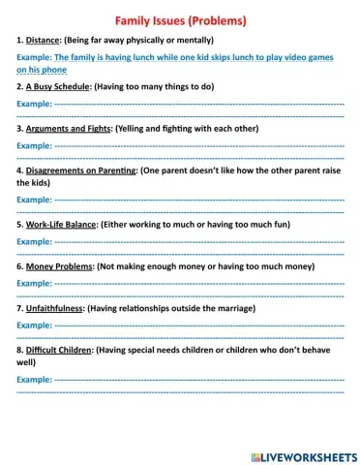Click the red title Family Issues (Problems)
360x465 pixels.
180,19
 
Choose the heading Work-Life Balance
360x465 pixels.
64,223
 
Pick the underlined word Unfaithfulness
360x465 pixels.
54,306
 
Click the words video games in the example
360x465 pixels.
307,58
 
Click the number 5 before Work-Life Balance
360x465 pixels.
20,223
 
